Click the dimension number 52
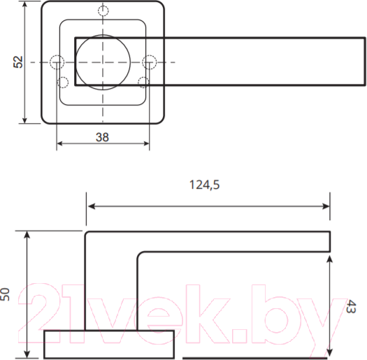pos(19,62)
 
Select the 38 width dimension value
pos(102,137)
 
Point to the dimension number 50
pos(6,294)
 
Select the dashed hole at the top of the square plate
pos(103,10)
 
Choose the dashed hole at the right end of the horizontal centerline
pos(148,62)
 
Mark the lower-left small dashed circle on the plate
pos(62,82)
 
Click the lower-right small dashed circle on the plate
pos(143,82)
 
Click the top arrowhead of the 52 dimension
pos(26,6)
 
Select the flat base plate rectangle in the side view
pos(108,344)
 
